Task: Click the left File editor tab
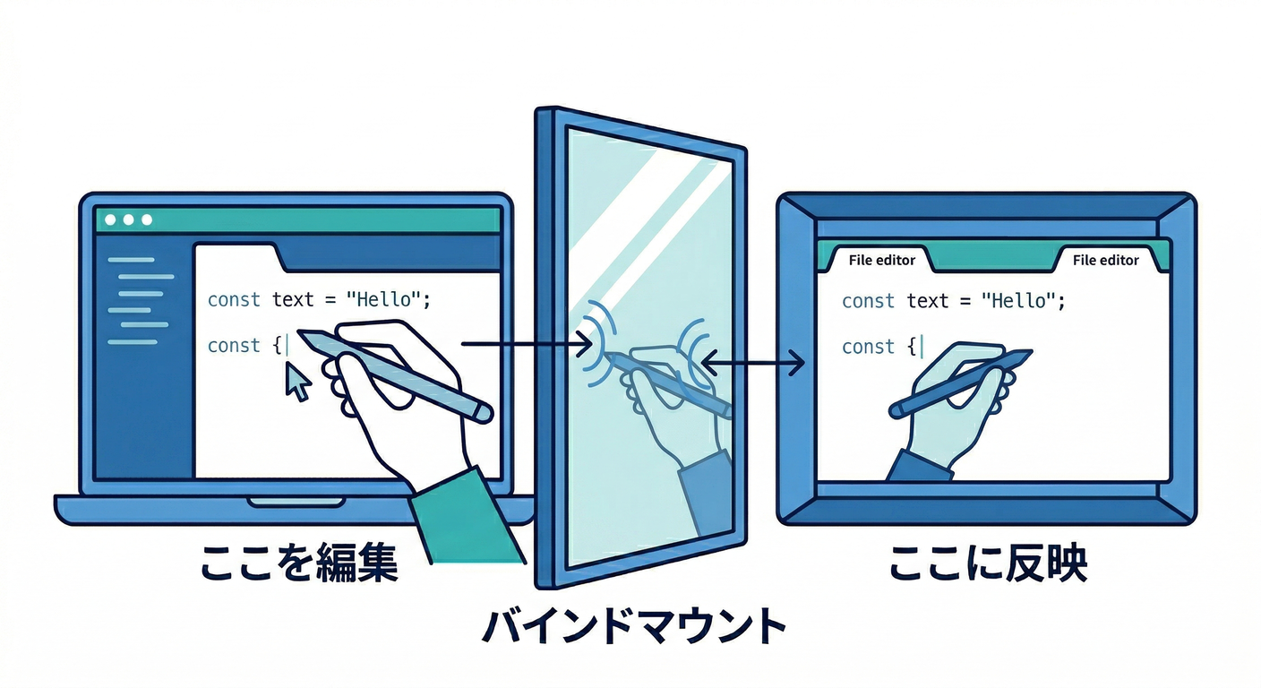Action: coord(881,260)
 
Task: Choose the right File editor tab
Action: coord(1105,260)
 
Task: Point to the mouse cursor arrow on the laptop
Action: coord(297,383)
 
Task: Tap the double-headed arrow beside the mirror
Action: coord(752,363)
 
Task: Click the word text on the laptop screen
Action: coord(293,299)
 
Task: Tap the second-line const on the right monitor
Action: coord(868,347)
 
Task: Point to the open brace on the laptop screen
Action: coord(277,346)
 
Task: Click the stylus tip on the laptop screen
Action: coord(303,336)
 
